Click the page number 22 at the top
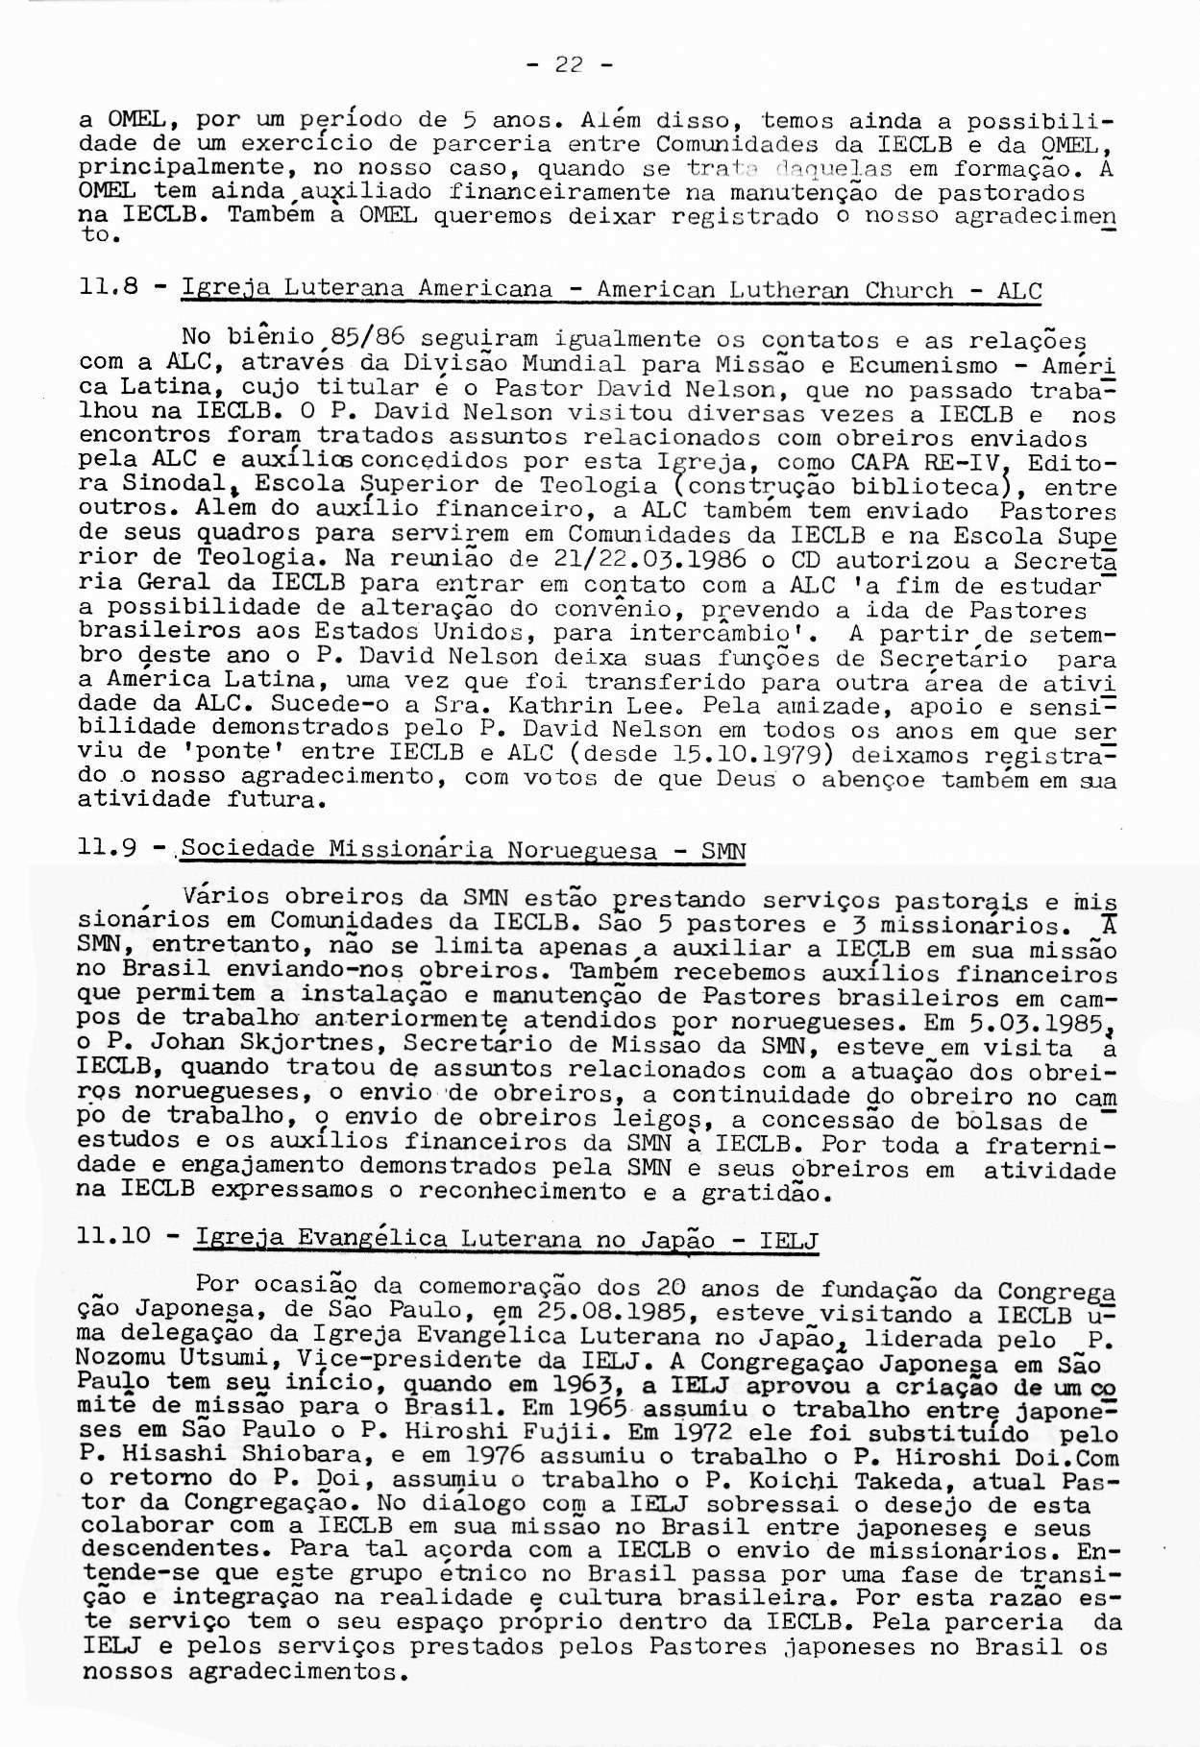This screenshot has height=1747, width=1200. point(571,65)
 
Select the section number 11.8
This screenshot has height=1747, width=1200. point(107,288)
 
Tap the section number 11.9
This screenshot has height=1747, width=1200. point(108,849)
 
